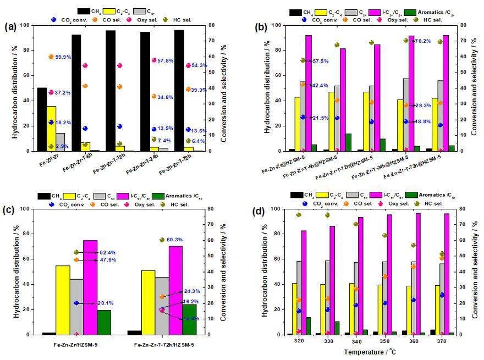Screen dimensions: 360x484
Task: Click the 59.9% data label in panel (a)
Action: pyautogui.click(x=63, y=57)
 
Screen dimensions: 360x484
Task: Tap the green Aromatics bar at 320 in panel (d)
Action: pyautogui.click(x=307, y=325)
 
